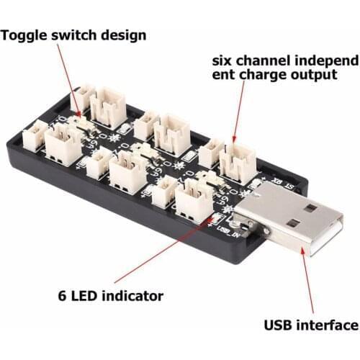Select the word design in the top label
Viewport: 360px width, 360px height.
[123, 35]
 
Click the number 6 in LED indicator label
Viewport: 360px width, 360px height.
[62, 296]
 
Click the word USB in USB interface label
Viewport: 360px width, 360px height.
[280, 325]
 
